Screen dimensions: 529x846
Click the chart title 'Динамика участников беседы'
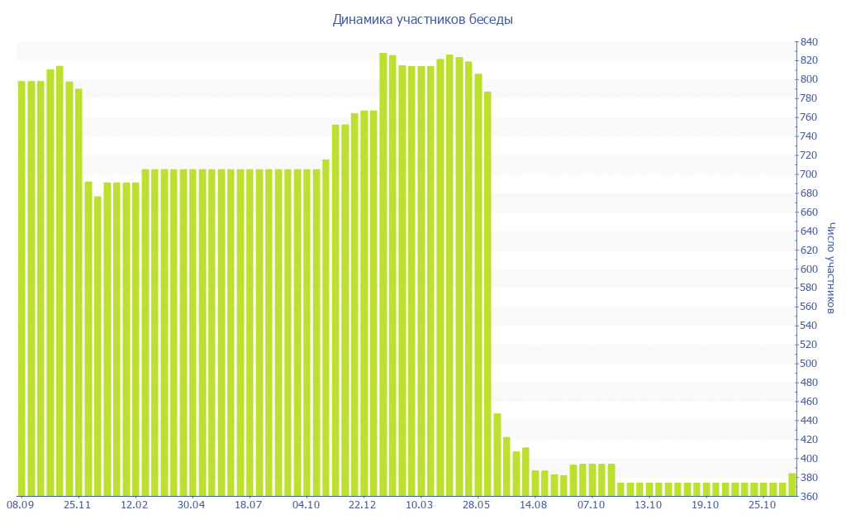[422, 19]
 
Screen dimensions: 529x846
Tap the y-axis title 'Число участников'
[830, 268]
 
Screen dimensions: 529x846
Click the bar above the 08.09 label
[21, 289]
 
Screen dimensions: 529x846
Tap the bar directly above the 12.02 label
[135, 339]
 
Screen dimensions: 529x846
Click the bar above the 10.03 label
[421, 281]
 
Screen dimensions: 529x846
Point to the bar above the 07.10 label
[592, 480]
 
